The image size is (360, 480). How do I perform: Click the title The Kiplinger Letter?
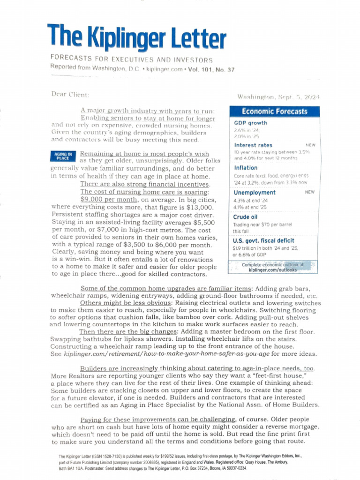[136, 37]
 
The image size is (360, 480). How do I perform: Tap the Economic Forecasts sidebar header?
[274, 111]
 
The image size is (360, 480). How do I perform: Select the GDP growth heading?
[250, 123]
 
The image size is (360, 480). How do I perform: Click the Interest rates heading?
[253, 145]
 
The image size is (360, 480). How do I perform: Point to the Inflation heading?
[246, 167]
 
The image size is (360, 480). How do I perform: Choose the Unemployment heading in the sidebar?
[255, 192]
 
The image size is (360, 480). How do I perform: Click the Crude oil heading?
[245, 217]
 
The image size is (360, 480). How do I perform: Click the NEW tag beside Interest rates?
[310, 145]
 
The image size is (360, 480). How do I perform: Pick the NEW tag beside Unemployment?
[310, 192]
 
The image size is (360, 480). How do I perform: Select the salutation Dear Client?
[70, 94]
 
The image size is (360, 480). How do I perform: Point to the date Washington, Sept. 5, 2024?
[278, 97]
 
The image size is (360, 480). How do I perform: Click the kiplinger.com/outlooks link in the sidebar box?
[272, 270]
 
